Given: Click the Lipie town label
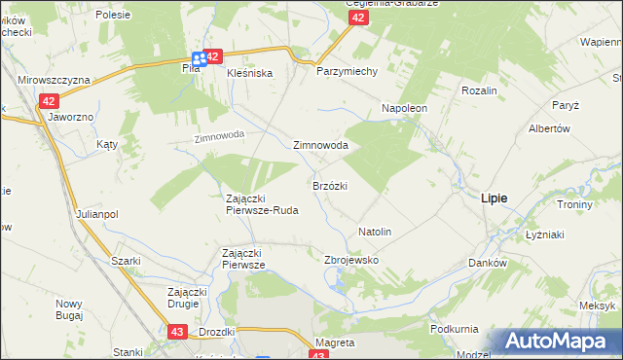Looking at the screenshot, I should point(494,198).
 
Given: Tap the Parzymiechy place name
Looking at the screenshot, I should point(339,72).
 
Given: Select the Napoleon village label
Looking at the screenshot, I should point(404,108).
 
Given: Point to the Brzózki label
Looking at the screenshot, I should point(330,185).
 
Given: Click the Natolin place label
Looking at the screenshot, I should point(375,233).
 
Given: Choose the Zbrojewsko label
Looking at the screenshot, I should point(350,261).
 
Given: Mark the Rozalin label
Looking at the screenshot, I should point(480,90).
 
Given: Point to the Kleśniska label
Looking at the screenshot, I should point(249,73).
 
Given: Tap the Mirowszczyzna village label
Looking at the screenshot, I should point(54,79).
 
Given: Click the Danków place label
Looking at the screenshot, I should point(489,264).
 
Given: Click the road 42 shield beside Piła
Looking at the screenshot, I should point(214,57).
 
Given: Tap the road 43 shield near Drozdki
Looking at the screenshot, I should point(176,332).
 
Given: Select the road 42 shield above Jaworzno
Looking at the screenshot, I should point(51,100).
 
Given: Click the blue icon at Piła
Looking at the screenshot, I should point(198,59).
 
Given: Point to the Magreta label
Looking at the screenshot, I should point(336,343).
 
